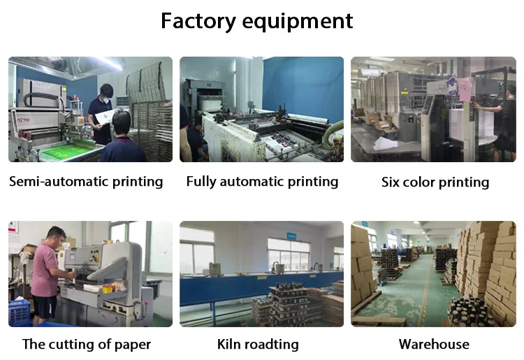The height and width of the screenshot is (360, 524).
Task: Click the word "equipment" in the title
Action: point(298,21)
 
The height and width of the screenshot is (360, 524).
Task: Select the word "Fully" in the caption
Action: point(203,182)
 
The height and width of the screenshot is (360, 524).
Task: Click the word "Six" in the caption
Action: point(394,182)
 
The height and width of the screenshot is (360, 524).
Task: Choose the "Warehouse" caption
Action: point(434,344)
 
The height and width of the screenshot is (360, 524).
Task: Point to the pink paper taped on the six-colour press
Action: point(452,86)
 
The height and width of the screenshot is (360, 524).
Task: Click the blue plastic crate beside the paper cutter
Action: point(21,315)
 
